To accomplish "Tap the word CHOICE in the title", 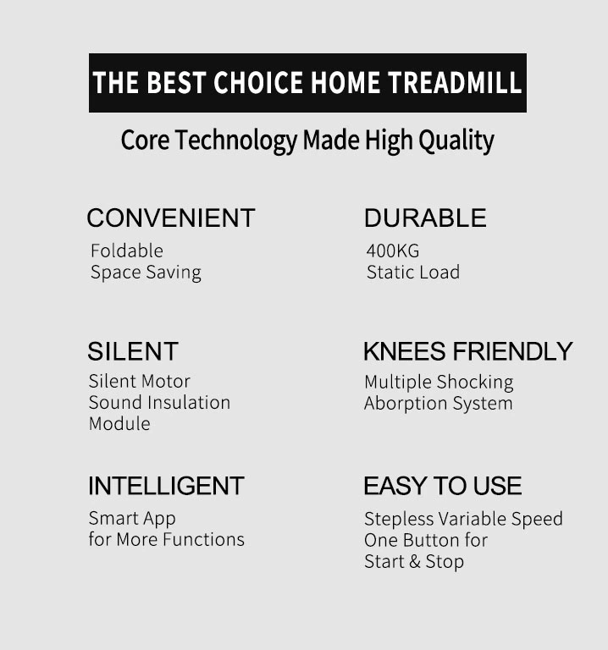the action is point(258,82).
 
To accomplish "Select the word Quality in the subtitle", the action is point(456,141).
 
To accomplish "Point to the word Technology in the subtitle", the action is point(236,141).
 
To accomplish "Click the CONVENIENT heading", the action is point(171,218).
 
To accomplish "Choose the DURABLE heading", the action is point(425,218).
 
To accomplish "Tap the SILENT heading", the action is point(133,351).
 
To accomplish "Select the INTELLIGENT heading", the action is point(166,486).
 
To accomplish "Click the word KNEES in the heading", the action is point(405,351).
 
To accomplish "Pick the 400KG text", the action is point(393,251).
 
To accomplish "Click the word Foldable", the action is point(127,251).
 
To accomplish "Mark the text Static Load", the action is point(413,273).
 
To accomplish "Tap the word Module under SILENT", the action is point(119,424).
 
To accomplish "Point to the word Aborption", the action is point(406,404).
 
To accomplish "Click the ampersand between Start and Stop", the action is point(414,562).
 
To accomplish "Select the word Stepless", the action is point(399,520).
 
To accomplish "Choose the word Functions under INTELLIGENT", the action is point(203,539).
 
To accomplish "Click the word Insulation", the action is point(189,403).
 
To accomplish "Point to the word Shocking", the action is point(475,383).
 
